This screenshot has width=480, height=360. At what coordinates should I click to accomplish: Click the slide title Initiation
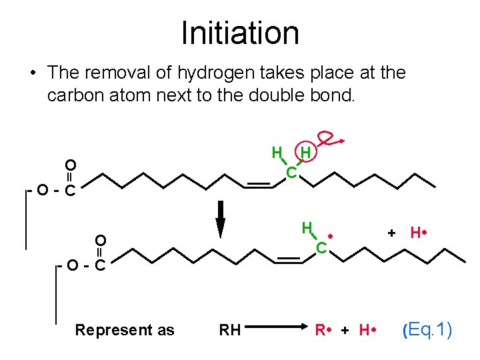point(240,33)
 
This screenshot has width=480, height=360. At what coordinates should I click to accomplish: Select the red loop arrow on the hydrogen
point(329,139)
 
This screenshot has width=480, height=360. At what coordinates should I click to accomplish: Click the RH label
point(230,330)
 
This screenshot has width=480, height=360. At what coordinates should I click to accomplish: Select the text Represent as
point(125,330)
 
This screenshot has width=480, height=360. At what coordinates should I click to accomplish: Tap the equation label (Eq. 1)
point(427,329)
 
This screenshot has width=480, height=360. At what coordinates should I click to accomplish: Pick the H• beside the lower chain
point(419,233)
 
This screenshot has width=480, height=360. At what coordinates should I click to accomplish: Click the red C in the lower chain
point(321,248)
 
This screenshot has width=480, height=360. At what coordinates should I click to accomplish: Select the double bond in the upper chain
point(259,185)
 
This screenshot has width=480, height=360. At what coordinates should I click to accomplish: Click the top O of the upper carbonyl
point(70,165)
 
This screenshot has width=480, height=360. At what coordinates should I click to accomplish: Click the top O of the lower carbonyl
point(100,240)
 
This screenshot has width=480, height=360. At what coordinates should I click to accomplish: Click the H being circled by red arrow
point(305,153)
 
